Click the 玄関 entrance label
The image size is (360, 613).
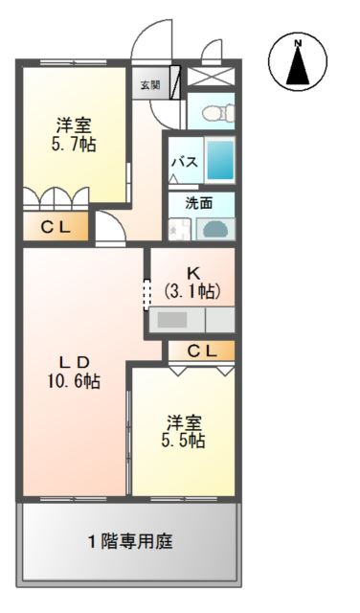click(x=150, y=85)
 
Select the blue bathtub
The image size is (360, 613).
click(x=221, y=160)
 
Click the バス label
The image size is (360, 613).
click(x=185, y=163)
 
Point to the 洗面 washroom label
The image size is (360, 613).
click(x=199, y=202)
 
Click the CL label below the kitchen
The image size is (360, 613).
click(x=201, y=352)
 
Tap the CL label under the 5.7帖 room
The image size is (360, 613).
click(x=54, y=227)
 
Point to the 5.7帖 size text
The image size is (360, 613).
click(x=75, y=145)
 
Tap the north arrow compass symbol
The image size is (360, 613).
click(x=298, y=63)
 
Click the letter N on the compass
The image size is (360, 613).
click(x=298, y=43)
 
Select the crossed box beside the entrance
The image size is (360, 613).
click(x=210, y=78)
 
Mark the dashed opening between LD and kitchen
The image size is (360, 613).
click(x=146, y=293)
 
